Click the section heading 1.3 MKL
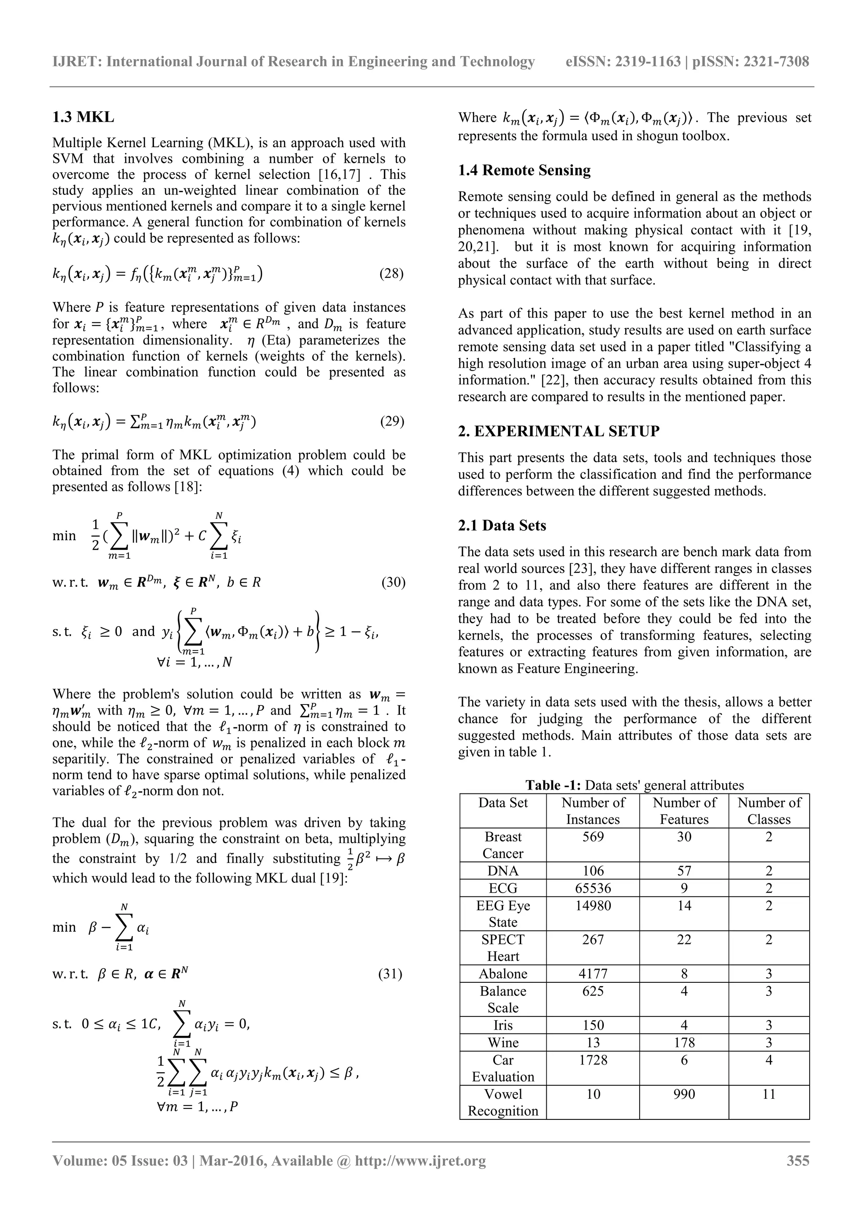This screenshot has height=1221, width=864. coord(83,117)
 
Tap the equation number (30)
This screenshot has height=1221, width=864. coord(393,582)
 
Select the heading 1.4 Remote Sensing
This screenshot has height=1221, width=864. coord(524,170)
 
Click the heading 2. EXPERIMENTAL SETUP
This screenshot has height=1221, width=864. coord(559,431)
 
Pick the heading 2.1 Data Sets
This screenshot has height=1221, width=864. coord(502,525)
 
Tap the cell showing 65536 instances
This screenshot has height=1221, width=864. coord(593,888)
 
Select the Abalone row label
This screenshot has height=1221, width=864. coord(503,974)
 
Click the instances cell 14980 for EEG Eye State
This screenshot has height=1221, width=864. coord(593,906)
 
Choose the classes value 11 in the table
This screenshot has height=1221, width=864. coord(768,1095)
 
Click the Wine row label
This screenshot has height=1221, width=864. coord(503,1043)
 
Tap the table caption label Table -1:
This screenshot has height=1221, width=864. coord(553,785)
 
